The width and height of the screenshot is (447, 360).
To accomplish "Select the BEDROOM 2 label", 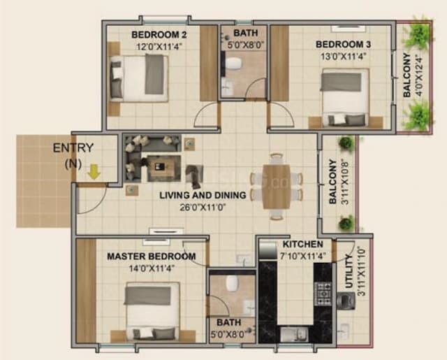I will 159,35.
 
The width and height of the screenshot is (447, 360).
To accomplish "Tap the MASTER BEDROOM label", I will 152,257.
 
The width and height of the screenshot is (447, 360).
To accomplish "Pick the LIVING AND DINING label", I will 203,195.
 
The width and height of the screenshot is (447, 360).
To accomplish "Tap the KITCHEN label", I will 302,245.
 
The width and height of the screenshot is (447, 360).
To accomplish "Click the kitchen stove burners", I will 324,293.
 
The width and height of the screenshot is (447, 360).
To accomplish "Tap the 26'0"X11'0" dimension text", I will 203,208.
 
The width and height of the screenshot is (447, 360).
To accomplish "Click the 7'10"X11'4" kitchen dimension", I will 302,256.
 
